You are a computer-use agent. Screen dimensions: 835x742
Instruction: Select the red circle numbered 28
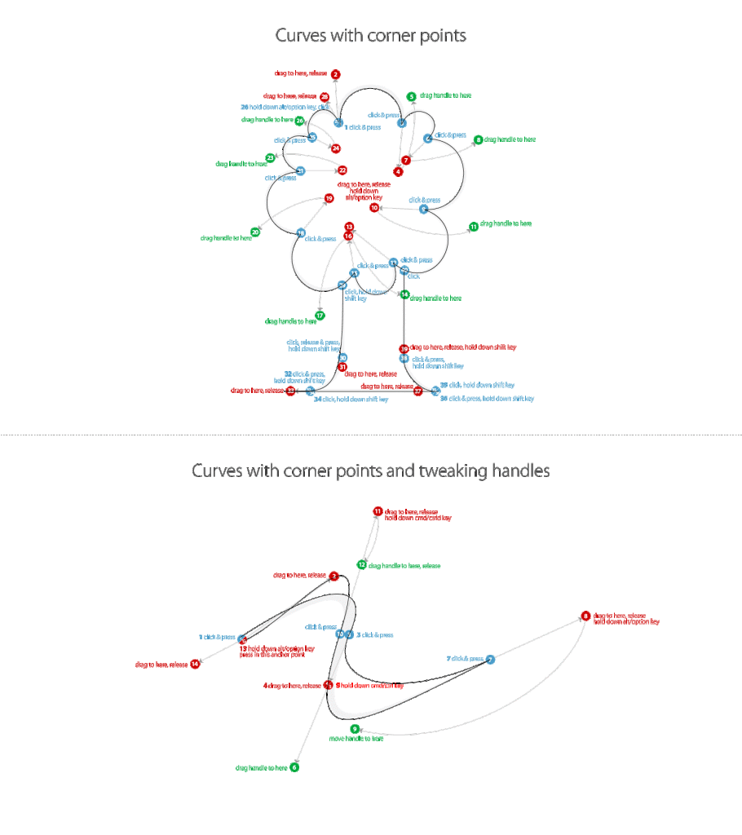click(x=325, y=97)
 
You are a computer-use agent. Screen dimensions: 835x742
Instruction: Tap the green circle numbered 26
click(x=299, y=121)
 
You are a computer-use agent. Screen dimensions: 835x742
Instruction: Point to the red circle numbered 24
click(x=335, y=148)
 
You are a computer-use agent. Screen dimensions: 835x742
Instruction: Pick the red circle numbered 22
click(x=342, y=170)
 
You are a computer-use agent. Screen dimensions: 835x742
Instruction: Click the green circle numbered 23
click(x=271, y=158)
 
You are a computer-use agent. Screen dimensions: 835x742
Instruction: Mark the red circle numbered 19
click(x=329, y=198)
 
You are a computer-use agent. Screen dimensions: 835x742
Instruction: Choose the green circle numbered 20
click(x=255, y=232)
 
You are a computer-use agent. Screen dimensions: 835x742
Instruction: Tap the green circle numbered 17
click(x=320, y=316)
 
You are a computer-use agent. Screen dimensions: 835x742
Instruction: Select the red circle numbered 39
click(x=404, y=348)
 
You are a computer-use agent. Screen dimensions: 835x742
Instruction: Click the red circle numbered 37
click(x=417, y=391)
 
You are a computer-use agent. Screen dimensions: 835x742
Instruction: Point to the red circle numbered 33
click(x=290, y=391)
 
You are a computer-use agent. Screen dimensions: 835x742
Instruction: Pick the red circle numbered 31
click(x=342, y=368)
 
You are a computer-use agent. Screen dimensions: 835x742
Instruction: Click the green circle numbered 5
click(x=412, y=96)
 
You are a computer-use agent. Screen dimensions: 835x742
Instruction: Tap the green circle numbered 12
click(x=361, y=564)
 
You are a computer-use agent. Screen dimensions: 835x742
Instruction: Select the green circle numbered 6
click(x=295, y=767)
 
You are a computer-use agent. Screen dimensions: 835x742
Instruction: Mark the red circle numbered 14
click(x=195, y=664)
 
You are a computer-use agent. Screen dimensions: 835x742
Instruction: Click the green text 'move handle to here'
click(x=356, y=739)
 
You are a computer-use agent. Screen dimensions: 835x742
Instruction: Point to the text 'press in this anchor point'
click(x=276, y=654)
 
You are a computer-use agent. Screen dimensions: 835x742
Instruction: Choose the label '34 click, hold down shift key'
click(x=351, y=400)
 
